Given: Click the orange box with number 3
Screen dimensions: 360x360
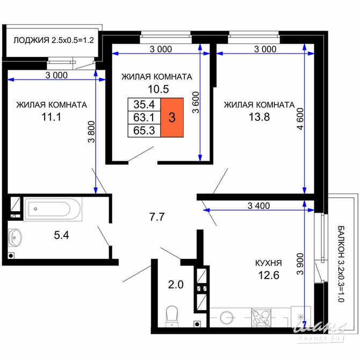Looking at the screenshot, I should click(171, 118).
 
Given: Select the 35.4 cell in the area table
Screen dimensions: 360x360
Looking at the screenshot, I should click(143, 105).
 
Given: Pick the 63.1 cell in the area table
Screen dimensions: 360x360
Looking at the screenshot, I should click(143, 117).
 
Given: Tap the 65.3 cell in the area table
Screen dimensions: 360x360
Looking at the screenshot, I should click(143, 130).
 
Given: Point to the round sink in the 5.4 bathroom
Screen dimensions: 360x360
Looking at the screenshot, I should click(16, 236).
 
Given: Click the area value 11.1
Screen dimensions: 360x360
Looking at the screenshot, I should click(51, 116).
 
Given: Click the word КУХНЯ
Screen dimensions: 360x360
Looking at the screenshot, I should click(268, 263).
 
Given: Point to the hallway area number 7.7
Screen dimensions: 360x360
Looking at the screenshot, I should click(156, 217).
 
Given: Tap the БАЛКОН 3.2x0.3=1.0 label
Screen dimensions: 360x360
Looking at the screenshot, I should click(340, 264).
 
